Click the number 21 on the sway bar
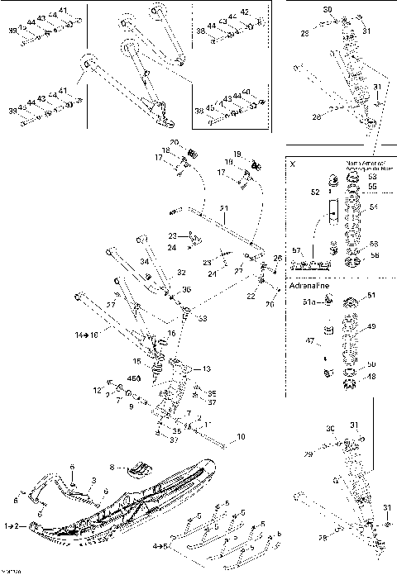222,207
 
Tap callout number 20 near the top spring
175,144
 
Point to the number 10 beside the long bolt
242,437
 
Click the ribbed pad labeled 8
141,470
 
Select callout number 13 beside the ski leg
206,368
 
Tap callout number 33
203,318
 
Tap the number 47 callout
311,340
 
